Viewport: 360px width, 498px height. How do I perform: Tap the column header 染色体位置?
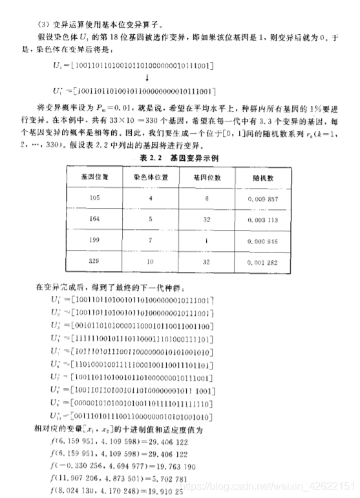point(152,176)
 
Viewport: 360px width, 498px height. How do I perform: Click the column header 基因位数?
point(206,176)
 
